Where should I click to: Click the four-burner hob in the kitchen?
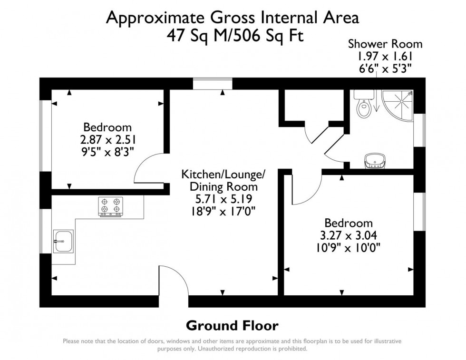(110, 206)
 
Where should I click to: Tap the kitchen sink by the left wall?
(63, 241)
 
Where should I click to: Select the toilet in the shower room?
(363, 106)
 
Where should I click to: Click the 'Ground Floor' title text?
(232, 326)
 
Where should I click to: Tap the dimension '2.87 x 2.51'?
(107, 140)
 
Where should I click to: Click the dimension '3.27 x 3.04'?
(348, 235)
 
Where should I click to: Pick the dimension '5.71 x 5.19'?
(223, 198)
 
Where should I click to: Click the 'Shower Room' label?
(385, 44)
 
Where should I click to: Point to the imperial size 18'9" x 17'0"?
(223, 210)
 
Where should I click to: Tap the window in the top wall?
(213, 84)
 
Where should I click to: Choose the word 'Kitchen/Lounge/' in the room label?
(223, 175)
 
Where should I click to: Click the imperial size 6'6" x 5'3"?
(385, 68)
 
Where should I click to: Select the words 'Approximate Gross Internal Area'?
(232, 18)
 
